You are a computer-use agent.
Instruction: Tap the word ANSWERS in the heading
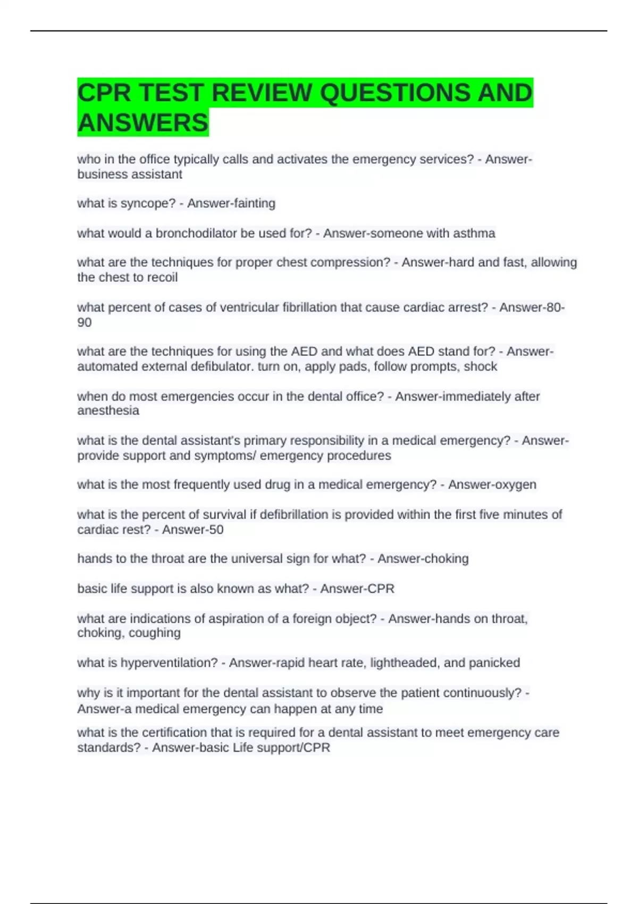coord(143,123)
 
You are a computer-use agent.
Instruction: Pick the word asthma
coord(475,233)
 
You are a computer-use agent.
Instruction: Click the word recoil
coord(161,277)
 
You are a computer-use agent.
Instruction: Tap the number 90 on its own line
coord(85,322)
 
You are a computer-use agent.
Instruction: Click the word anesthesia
coord(108,411)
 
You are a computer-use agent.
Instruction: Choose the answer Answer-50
coord(192,529)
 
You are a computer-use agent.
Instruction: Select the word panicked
coord(494,663)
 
